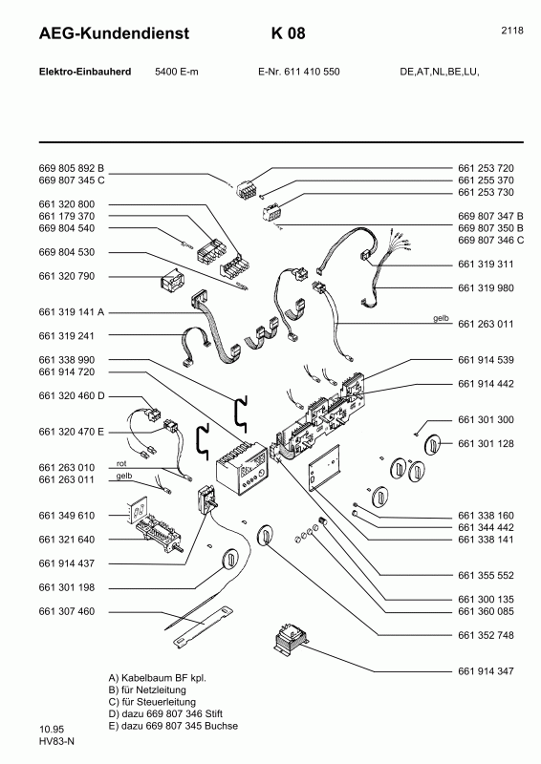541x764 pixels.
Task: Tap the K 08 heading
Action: (x=289, y=33)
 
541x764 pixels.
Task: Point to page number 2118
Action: (x=511, y=31)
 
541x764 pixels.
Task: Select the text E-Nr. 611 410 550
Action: (x=298, y=72)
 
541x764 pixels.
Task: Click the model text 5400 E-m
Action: (x=177, y=72)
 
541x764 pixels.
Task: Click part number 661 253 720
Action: (x=486, y=167)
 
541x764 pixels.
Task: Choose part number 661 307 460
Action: (x=67, y=610)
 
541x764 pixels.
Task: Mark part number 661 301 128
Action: (x=486, y=443)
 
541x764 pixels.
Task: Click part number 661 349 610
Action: (x=67, y=515)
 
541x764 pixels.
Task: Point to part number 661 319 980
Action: (x=486, y=287)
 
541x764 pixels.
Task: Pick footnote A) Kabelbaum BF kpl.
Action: (x=158, y=677)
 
